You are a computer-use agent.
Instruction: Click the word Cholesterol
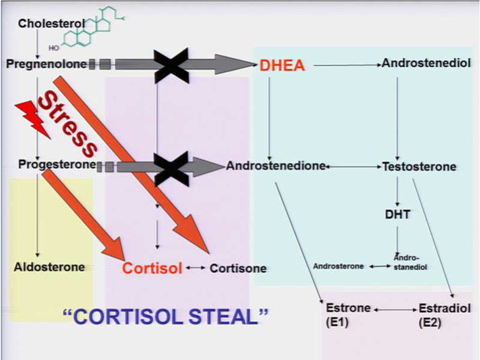pos(52,24)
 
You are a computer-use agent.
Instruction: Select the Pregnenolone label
pos(47,64)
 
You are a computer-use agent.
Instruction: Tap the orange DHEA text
pos(282,66)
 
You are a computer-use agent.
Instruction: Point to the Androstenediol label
pos(426,63)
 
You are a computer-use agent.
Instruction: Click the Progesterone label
pos(57,165)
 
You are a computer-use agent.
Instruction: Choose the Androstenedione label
pos(275,166)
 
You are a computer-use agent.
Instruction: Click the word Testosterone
pos(419,167)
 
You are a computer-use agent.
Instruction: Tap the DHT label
pos(397,215)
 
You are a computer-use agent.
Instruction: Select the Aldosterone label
pos(49,267)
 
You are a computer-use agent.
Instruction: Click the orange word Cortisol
pos(152,268)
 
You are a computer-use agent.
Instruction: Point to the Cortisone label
pos(238,268)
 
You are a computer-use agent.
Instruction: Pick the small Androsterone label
pos(338,266)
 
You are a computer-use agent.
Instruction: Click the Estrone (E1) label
pos(348,315)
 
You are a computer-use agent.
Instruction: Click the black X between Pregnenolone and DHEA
pos(171,66)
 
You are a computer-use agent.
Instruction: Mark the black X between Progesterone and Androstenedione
pos(171,168)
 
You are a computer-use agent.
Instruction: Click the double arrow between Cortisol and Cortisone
pos(196,268)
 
